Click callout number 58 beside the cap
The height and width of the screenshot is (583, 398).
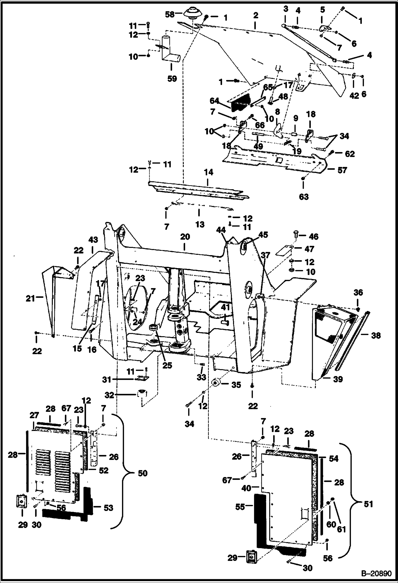[170, 14]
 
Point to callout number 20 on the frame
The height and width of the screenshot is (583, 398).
[185, 237]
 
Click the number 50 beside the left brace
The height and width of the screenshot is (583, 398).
[143, 473]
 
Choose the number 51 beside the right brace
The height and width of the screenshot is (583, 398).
[368, 504]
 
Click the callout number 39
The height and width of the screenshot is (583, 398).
[338, 379]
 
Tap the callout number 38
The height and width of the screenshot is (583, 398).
[376, 336]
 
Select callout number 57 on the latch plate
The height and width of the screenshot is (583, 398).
[342, 170]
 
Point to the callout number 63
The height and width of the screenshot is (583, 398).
[304, 197]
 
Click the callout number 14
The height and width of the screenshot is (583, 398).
[209, 172]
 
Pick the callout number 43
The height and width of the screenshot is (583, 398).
[93, 240]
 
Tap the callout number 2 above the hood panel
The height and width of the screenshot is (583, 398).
[256, 15]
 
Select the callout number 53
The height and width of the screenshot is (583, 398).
[108, 508]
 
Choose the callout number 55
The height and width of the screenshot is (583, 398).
[240, 507]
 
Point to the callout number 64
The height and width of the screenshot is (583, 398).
[214, 101]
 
